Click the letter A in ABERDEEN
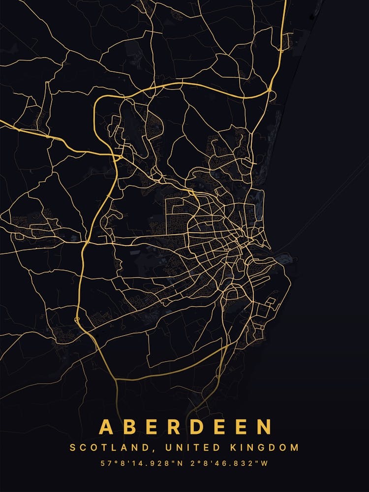pos(106,427)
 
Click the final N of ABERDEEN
pos(264,427)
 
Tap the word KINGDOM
pos(264,448)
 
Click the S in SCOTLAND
pos(73,448)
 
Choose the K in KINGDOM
pos(233,448)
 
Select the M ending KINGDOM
pos(295,448)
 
